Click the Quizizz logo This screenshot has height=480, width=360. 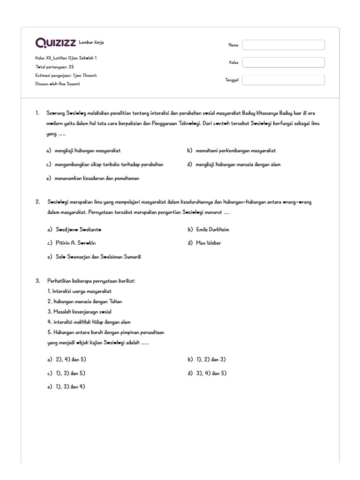(x=56, y=43)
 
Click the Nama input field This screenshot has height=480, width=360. (x=283, y=45)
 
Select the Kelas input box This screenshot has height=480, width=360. (x=283, y=62)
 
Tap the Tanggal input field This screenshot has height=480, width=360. (x=283, y=80)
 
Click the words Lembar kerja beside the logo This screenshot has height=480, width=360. (x=92, y=43)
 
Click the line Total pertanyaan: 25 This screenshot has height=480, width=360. (x=54, y=67)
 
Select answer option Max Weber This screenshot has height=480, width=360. (x=209, y=243)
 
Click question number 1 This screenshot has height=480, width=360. (x=37, y=113)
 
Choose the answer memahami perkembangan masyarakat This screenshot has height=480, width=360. (x=236, y=150)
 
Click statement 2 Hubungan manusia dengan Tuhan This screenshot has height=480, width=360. (x=85, y=301)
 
